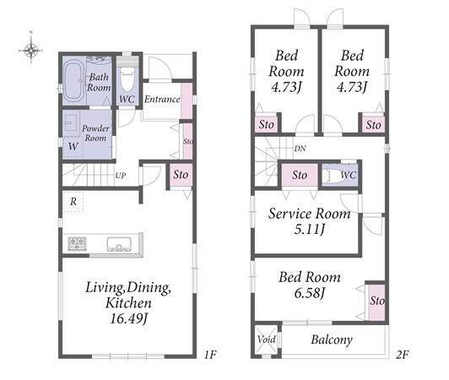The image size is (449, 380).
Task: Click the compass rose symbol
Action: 31,51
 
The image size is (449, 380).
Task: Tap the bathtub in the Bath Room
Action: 74,80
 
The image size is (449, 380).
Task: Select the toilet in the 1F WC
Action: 127,79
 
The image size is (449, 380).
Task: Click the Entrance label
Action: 162,99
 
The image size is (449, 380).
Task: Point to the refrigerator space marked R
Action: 73,202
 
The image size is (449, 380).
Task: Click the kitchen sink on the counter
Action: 119,244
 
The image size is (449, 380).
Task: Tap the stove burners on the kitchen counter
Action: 77,243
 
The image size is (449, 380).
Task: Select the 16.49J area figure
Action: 128,318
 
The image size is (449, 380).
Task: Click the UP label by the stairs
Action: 121,176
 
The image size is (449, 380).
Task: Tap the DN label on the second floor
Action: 300,149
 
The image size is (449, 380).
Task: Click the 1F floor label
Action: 209,355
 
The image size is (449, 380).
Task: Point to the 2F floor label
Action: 402,355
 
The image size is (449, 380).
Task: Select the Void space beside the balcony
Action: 267,339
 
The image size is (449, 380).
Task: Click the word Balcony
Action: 332,340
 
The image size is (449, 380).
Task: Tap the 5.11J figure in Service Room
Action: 310,229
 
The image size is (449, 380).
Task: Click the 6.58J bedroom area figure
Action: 310,292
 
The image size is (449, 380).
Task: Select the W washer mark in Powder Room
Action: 73,146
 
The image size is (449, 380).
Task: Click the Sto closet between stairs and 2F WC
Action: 300,175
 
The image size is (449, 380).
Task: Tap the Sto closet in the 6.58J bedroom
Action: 376,302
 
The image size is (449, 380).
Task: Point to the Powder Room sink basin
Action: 70,123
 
